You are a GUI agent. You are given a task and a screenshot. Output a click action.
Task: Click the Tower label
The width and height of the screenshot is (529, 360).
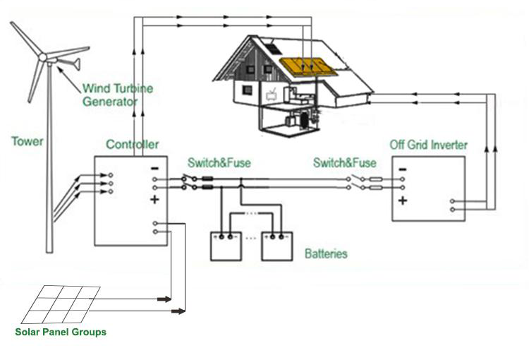[x=28, y=141]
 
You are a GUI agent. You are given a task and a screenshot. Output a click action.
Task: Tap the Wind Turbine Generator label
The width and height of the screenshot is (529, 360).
[x=118, y=95]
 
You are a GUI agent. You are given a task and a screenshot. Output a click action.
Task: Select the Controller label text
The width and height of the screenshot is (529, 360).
[x=133, y=145]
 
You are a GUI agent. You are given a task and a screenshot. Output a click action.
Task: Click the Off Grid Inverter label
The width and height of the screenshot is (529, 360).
[x=428, y=145]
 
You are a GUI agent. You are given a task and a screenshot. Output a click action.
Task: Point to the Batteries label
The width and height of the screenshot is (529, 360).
[x=326, y=253]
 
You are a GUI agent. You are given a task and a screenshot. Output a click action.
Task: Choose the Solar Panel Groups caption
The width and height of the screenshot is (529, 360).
[x=61, y=332]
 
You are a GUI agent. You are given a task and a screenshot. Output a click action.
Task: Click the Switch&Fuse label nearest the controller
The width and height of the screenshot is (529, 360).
[x=219, y=163]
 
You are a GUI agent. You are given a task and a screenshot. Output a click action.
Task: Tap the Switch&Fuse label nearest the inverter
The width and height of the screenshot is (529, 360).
[x=345, y=163]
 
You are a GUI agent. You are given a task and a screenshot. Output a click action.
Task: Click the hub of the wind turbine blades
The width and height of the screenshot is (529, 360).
[x=43, y=57]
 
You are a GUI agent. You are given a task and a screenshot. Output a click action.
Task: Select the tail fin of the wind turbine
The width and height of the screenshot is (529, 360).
[x=75, y=64]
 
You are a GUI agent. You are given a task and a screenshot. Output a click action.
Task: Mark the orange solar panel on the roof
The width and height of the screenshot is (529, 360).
[x=308, y=66]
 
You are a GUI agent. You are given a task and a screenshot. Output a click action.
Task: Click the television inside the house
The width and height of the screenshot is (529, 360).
[x=272, y=95]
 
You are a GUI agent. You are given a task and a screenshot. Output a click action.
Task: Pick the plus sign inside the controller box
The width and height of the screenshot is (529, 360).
[x=154, y=200]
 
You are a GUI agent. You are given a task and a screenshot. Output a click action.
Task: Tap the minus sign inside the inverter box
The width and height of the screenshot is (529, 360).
[x=403, y=169]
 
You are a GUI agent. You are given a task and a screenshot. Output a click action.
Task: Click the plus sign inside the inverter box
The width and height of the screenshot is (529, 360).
[x=403, y=200]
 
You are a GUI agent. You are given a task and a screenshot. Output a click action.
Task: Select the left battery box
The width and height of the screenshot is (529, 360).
[x=226, y=246]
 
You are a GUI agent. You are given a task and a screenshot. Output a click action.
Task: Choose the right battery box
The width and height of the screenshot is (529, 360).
[x=277, y=246]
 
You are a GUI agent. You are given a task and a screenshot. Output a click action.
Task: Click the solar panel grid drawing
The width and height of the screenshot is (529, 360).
[x=61, y=305]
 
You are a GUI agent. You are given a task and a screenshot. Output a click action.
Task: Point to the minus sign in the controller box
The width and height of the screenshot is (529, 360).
[x=154, y=169]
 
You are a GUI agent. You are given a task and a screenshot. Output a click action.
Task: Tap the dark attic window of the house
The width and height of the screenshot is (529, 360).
[x=274, y=49]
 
